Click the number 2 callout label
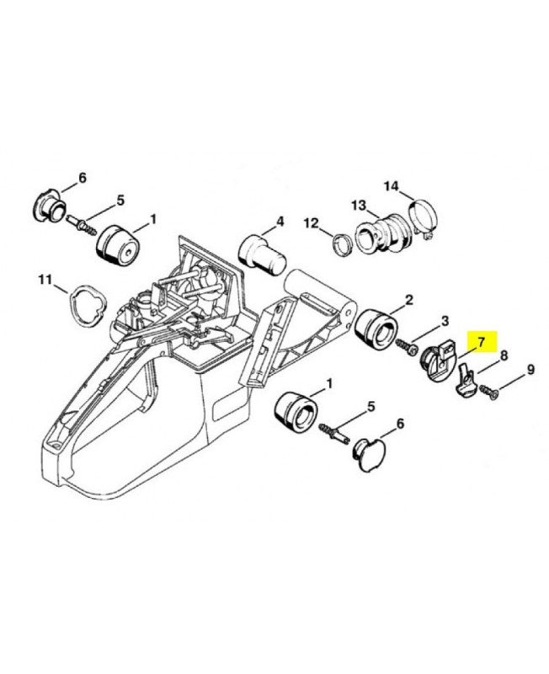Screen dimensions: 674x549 click(408, 299)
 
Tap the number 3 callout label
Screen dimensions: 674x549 click(445, 321)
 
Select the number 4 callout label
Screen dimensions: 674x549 click(280, 224)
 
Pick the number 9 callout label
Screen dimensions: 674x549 click(530, 369)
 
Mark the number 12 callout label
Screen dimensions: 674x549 click(312, 223)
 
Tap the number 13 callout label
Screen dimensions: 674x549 click(359, 205)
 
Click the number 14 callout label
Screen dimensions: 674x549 click(391, 185)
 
